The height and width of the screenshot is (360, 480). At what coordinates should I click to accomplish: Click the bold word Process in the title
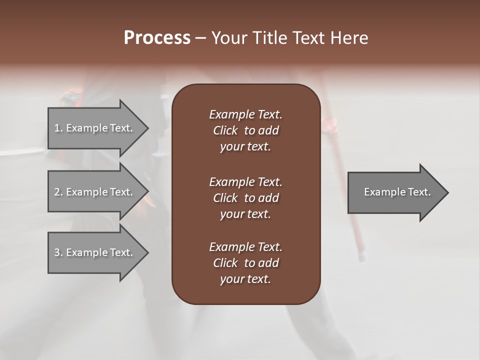[x=157, y=38]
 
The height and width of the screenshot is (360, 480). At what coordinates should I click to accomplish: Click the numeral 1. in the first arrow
[x=58, y=128]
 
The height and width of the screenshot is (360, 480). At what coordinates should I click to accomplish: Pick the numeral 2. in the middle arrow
[x=58, y=192]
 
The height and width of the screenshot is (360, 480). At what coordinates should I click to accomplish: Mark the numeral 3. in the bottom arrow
[x=58, y=252]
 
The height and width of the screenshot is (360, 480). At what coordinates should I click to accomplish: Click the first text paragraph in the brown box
[x=245, y=130]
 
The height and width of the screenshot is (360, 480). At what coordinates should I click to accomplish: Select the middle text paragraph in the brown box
[x=245, y=198]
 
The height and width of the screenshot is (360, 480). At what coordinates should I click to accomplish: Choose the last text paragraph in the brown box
[x=245, y=263]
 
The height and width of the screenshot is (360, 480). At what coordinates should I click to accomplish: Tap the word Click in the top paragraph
[x=225, y=130]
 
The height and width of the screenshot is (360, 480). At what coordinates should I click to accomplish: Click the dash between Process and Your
[x=200, y=38]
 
